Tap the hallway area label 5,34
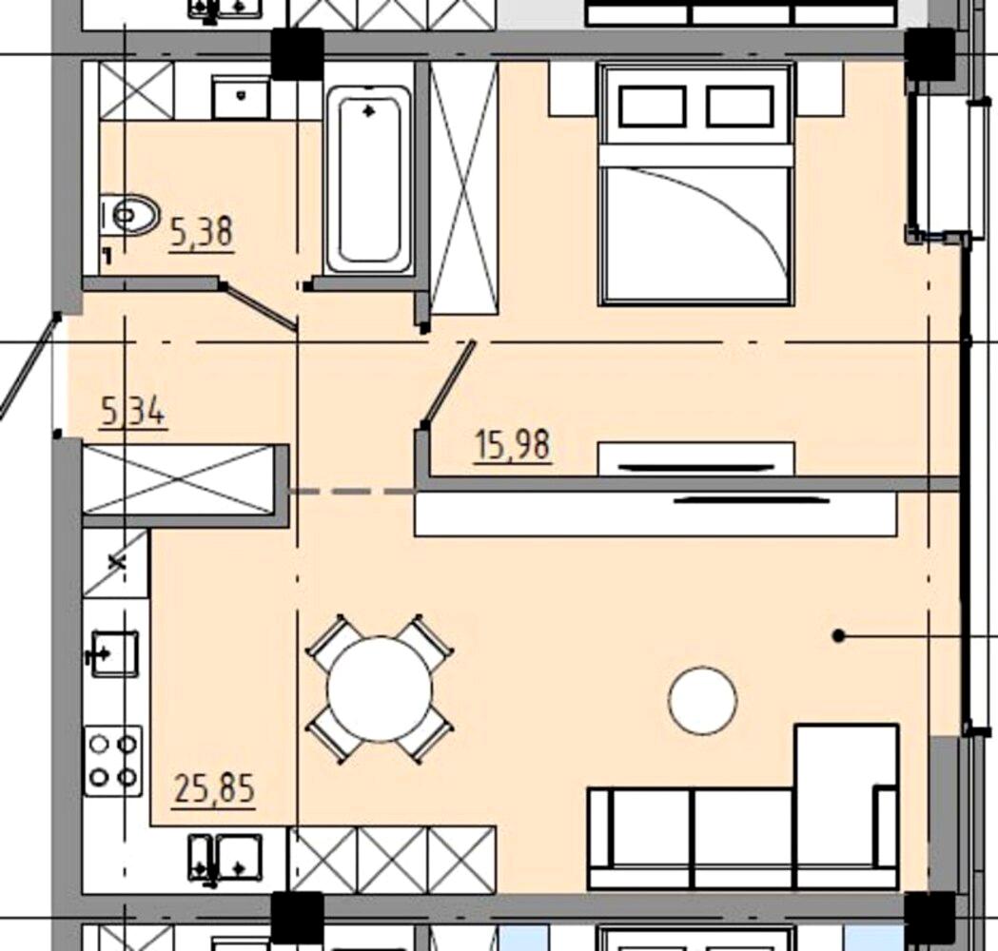coord(133,412)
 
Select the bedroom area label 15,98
coord(513,445)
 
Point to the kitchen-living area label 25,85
coord(215,788)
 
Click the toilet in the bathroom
coord(128,215)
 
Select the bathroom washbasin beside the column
coord(241,97)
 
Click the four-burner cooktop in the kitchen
coord(112,761)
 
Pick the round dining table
coord(380,689)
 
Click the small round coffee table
coord(703,700)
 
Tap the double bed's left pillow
coord(653,107)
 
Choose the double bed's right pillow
coord(739,107)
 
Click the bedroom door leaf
coord(449,381)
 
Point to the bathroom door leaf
coord(258,305)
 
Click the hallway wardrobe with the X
coord(179,478)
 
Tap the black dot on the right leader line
coord(839,635)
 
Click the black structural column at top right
coord(930,54)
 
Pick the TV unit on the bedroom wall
coord(695,459)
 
